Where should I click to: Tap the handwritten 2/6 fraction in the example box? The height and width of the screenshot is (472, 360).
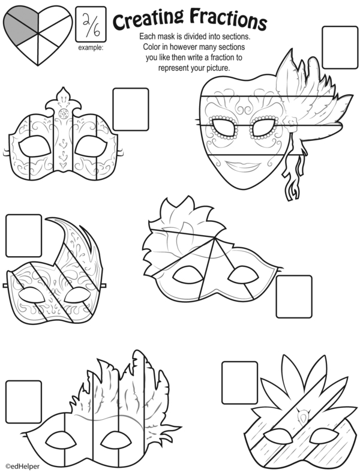click(x=91, y=25)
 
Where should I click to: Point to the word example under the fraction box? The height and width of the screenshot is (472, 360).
click(x=91, y=47)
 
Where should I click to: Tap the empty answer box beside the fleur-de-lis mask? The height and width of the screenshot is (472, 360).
click(x=131, y=109)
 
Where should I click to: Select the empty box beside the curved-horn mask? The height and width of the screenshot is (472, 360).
click(x=24, y=236)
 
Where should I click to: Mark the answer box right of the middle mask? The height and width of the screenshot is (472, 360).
click(x=294, y=296)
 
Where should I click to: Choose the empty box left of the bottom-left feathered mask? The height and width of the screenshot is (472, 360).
click(x=24, y=402)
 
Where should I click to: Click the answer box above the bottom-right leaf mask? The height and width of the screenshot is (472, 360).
click(x=240, y=383)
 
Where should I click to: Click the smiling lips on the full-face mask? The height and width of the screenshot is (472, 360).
click(x=243, y=166)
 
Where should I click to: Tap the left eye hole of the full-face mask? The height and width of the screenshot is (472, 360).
click(x=224, y=127)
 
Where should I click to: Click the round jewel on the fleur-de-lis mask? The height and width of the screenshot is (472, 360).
click(x=64, y=114)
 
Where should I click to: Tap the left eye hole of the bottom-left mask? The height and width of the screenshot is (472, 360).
click(x=60, y=440)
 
